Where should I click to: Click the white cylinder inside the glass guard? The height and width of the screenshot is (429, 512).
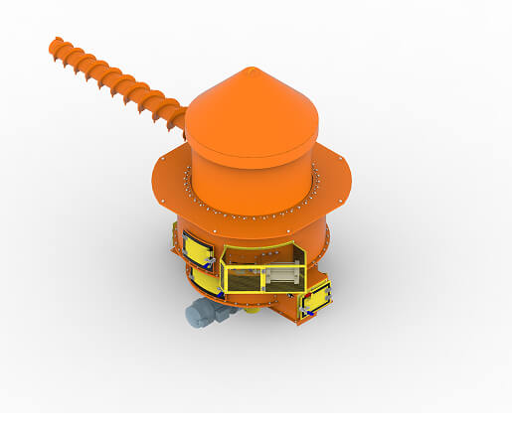(x=281, y=275)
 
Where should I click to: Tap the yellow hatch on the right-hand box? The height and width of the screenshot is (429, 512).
(x=318, y=298)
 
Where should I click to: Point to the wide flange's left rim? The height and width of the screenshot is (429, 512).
(x=159, y=184)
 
